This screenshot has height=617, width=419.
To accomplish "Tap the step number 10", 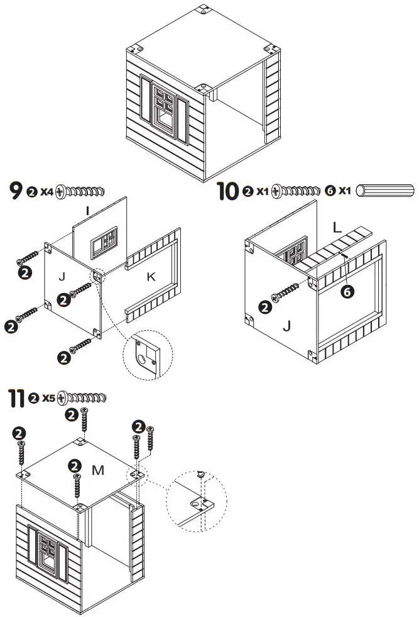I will [x=227, y=190].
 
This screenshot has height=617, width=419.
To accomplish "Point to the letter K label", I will [x=151, y=275].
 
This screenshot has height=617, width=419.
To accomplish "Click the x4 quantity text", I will [x=46, y=192].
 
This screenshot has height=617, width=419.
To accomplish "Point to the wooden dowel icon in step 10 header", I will [x=385, y=191].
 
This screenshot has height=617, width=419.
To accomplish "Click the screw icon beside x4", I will [x=80, y=192].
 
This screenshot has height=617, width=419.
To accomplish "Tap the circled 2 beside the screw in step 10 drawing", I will [x=265, y=307].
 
